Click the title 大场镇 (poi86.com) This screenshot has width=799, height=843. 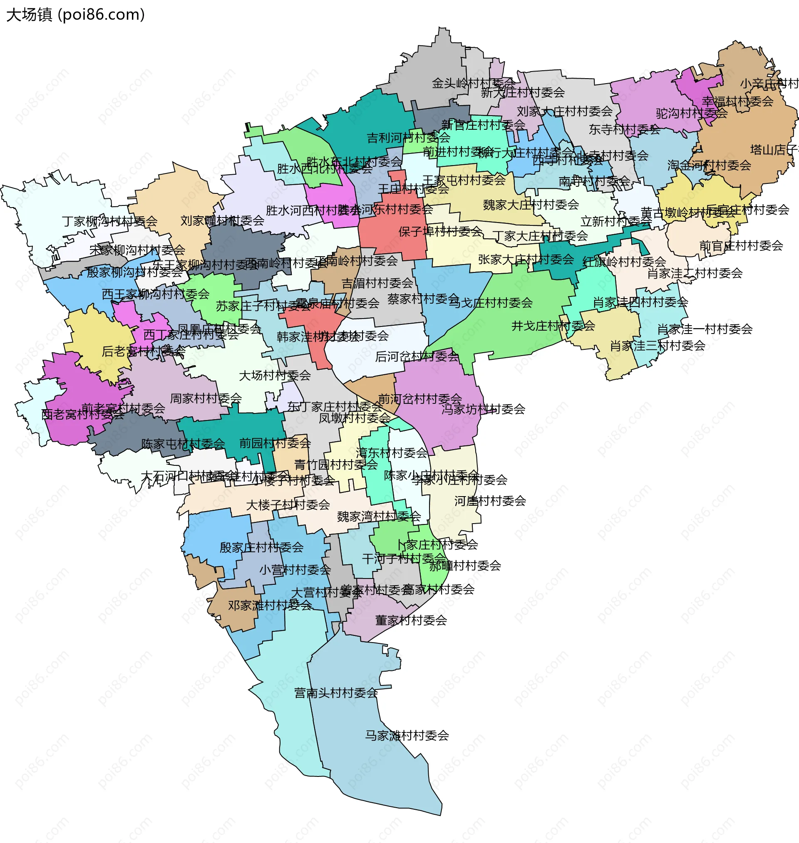tap(75, 15)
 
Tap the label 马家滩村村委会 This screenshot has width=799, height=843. tap(407, 735)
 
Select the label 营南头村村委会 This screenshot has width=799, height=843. tap(336, 693)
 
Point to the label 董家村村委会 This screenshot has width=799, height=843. tap(411, 621)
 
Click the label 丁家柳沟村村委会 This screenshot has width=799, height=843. tap(109, 221)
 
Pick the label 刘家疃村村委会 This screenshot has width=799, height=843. tap(222, 220)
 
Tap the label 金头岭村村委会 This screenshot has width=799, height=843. tap(473, 83)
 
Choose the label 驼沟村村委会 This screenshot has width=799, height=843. tap(692, 113)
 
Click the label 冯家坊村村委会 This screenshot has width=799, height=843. tap(483, 409)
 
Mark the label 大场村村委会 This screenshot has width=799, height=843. tap(275, 375)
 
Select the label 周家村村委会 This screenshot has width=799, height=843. tap(206, 398)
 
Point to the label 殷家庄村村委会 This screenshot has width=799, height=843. tap(261, 547)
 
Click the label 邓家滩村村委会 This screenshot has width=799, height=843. tap(270, 605)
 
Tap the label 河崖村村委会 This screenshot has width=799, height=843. tap(490, 501)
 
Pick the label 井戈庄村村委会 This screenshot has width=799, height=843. tap(553, 326)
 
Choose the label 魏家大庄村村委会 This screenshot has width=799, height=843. tap(531, 205)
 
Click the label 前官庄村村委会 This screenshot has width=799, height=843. tap(741, 245)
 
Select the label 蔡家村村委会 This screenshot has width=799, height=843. tap(423, 299)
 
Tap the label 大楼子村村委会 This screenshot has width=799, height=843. tap(288, 505)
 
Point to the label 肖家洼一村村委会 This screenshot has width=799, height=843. tap(705, 329)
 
